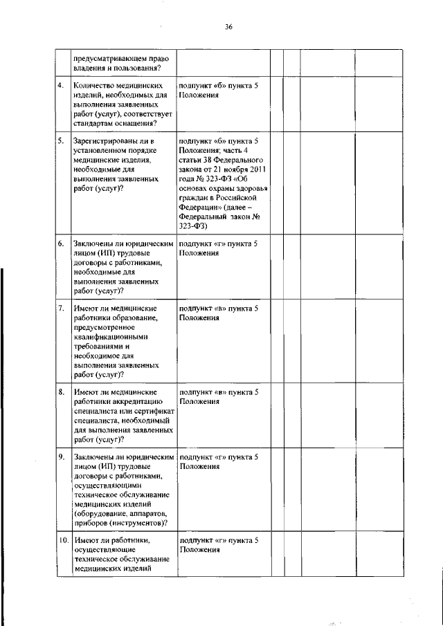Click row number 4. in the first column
62,85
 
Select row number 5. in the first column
62,140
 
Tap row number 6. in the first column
62,243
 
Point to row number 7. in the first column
62,307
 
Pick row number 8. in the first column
62,392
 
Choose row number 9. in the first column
62,457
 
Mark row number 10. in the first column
62,540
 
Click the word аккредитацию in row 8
136,401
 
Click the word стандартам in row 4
94,122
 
